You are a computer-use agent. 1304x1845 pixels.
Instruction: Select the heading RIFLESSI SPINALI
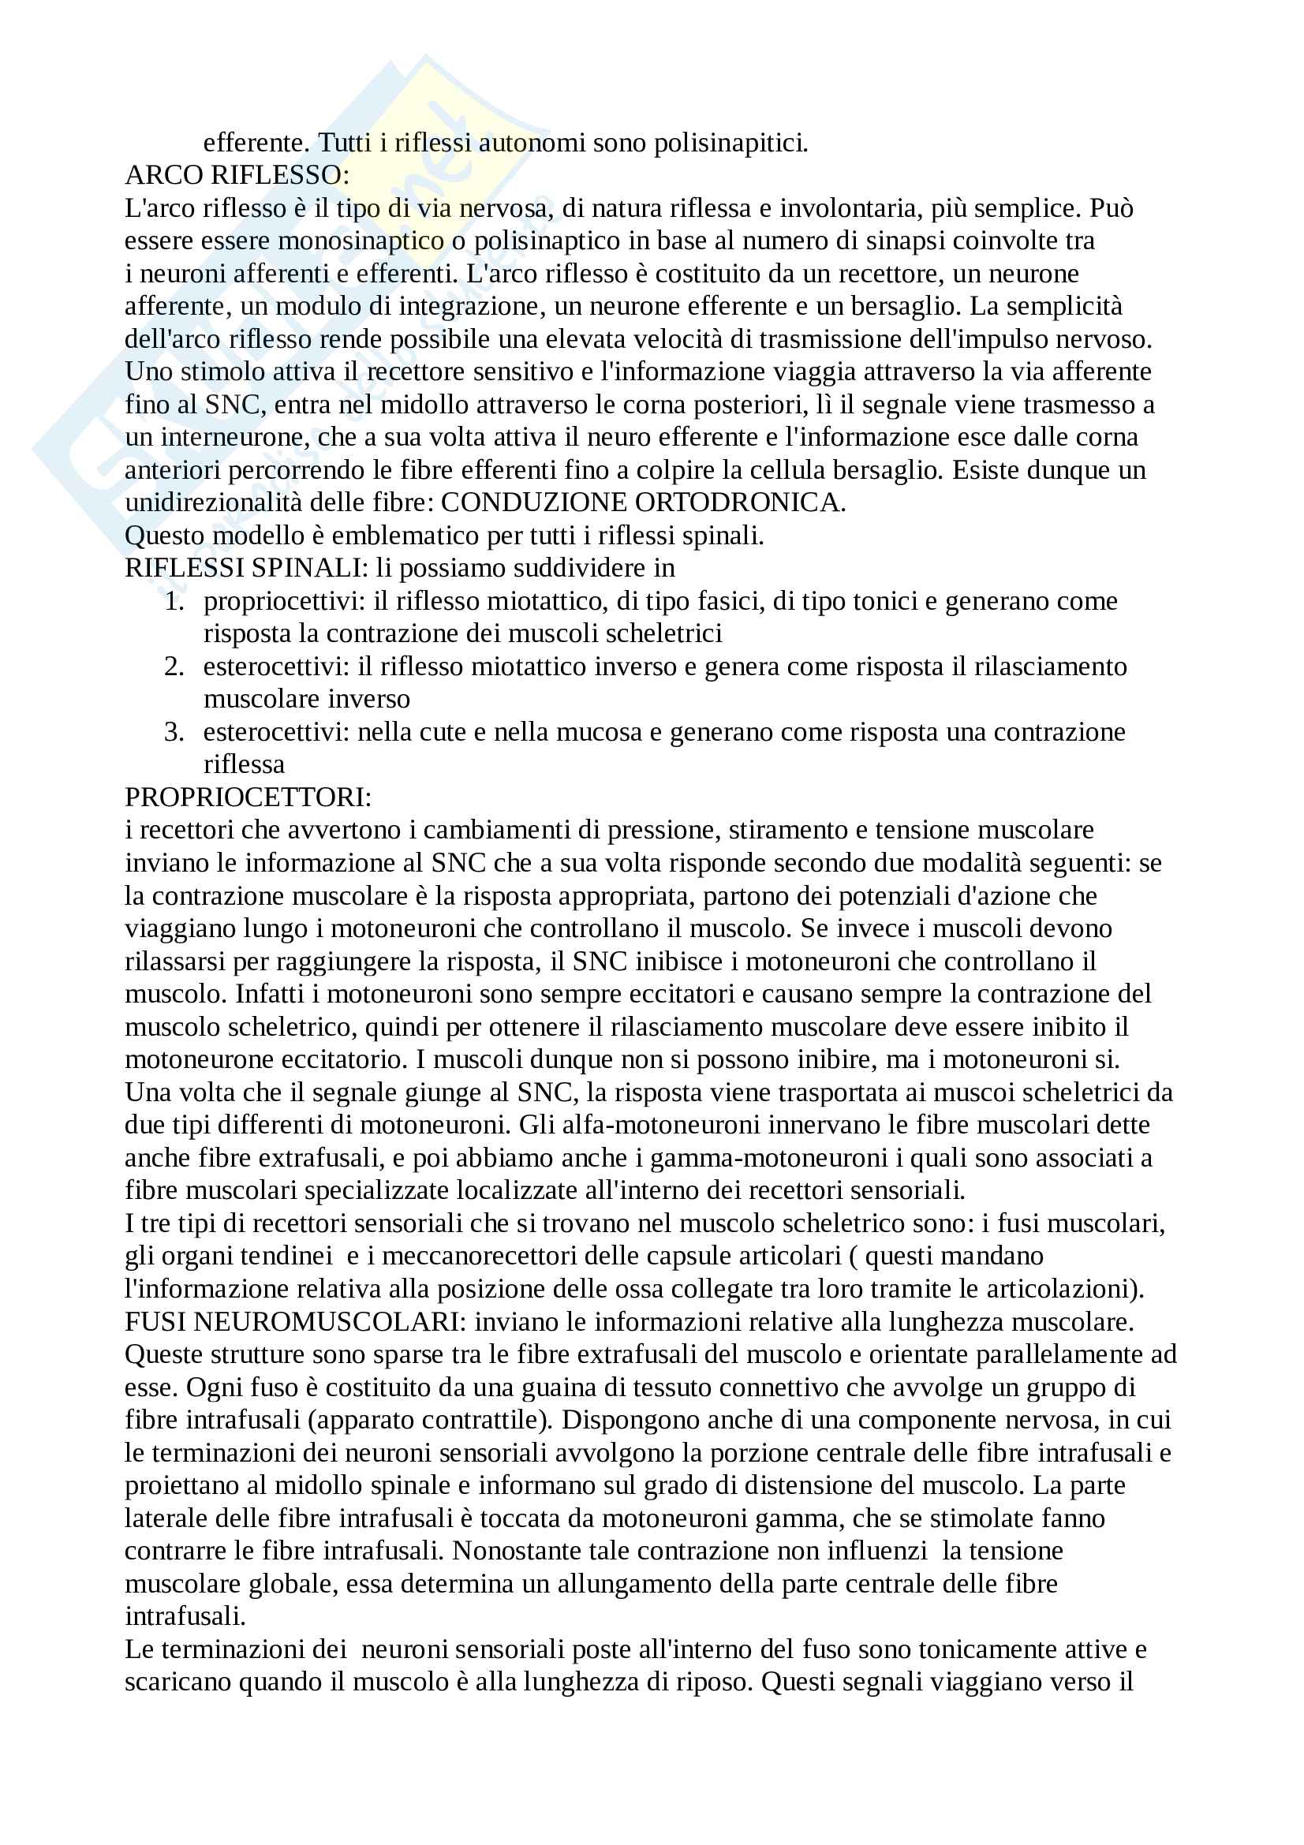tap(245, 568)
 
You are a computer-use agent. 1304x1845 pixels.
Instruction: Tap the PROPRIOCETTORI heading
tap(248, 797)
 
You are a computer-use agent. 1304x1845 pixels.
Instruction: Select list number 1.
tap(175, 601)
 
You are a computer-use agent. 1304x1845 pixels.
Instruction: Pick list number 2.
tap(175, 667)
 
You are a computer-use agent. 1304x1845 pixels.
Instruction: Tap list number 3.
tap(175, 732)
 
